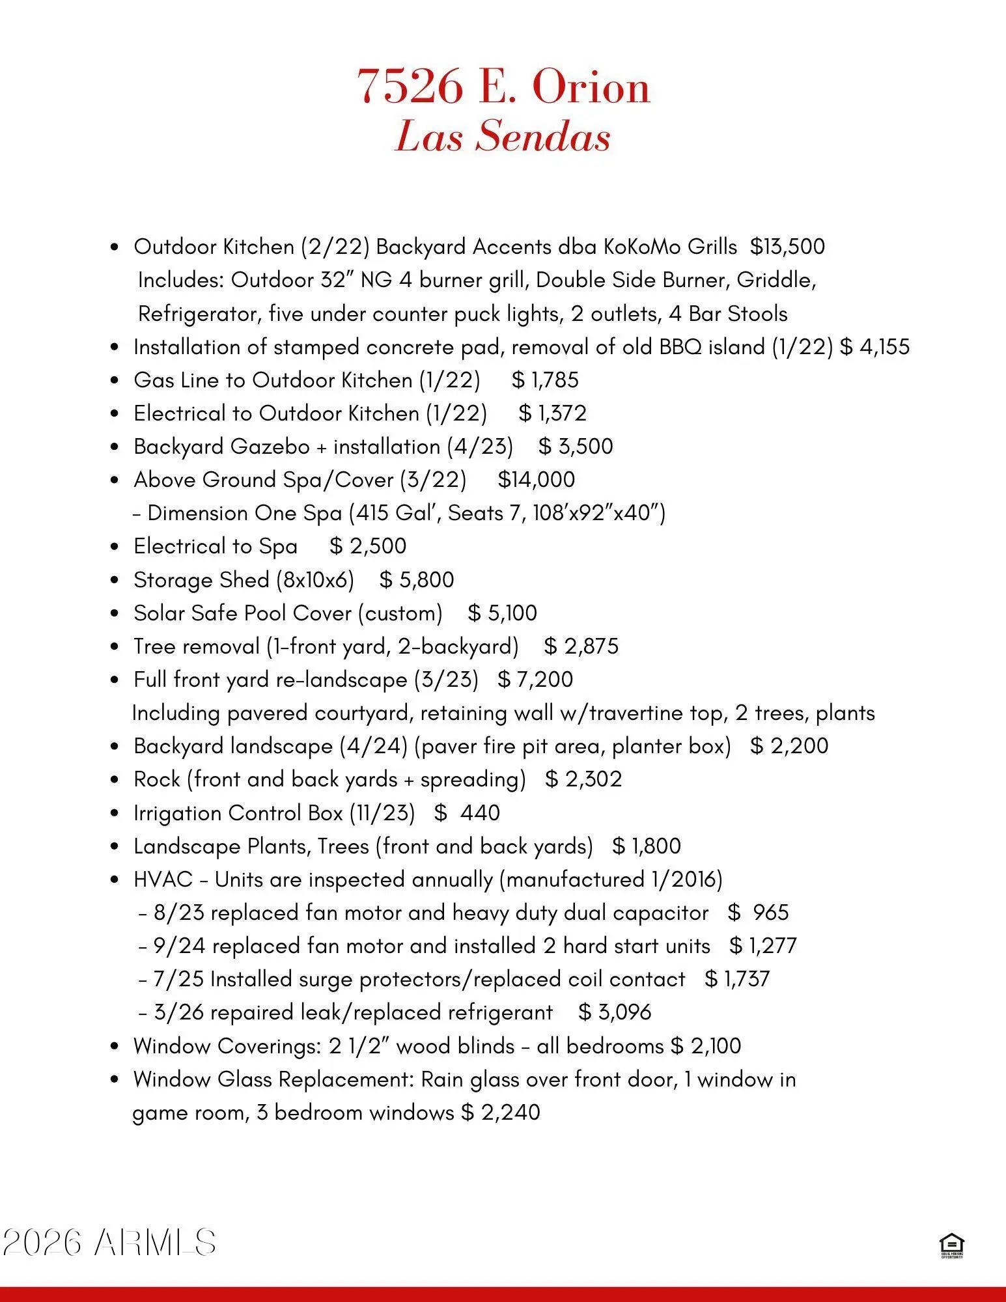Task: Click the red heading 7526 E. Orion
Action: [x=503, y=87]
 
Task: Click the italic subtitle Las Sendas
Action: [x=503, y=137]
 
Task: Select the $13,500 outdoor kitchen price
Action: [x=787, y=247]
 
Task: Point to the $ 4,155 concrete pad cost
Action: [x=874, y=347]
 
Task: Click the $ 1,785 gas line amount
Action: [x=545, y=380]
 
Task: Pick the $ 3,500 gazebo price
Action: [x=576, y=447]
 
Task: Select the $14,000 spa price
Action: [x=536, y=480]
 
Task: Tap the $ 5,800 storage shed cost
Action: [x=417, y=579]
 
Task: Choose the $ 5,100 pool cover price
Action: [x=502, y=613]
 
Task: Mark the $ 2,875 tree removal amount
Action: [x=581, y=646]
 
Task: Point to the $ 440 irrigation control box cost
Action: [x=467, y=813]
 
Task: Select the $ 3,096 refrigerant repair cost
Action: [x=615, y=1012]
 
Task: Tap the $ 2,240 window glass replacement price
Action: [x=501, y=1113]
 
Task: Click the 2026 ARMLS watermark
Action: [x=109, y=1243]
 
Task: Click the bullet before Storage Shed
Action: [x=115, y=580]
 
